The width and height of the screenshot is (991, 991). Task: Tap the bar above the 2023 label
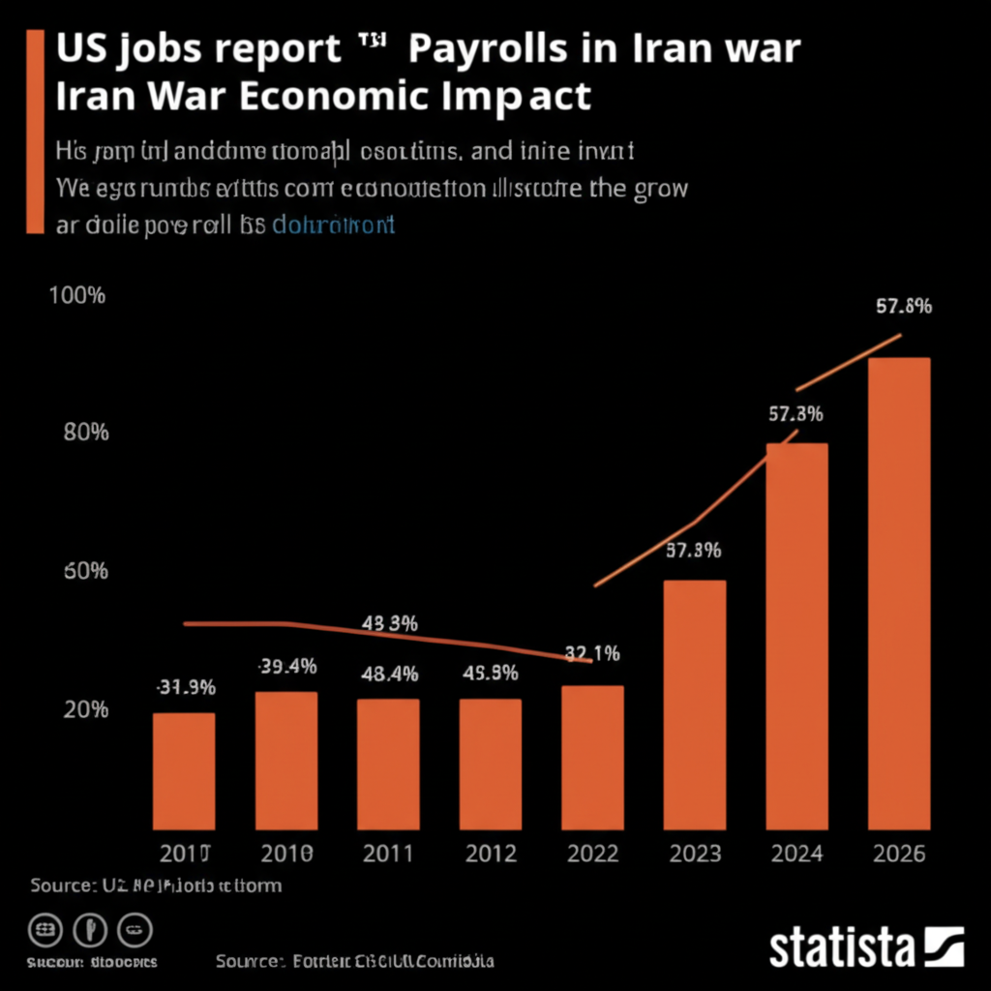[694, 705]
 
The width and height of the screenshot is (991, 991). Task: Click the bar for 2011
[388, 764]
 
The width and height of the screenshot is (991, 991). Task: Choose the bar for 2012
[490, 764]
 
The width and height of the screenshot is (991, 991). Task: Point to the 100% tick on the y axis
[76, 296]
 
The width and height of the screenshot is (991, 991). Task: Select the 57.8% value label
[903, 307]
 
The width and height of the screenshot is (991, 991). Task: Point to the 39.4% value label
[287, 666]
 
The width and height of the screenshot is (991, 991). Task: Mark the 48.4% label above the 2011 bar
[388, 674]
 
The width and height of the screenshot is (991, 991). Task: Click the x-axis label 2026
[899, 854]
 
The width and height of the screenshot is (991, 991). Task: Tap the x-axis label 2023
[694, 854]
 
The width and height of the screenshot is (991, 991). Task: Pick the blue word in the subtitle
[334, 225]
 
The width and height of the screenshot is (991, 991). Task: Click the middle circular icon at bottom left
[90, 931]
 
